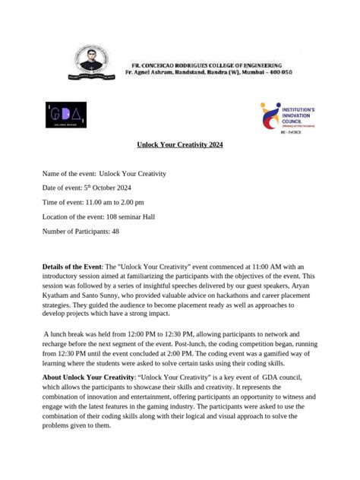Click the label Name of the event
[68, 174]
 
